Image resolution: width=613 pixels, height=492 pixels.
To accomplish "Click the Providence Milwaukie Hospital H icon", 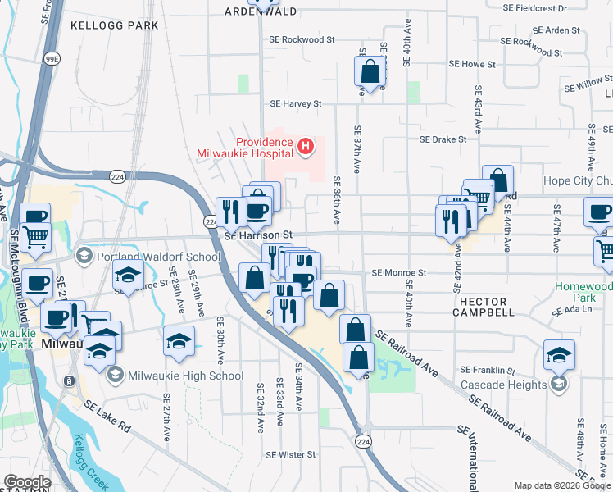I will coord(306,147).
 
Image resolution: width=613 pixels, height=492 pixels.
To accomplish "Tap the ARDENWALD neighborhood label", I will coord(261,11).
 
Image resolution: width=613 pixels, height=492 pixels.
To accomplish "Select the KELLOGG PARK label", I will coord(114,25).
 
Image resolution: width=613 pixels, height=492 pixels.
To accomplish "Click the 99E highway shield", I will coord(52,59).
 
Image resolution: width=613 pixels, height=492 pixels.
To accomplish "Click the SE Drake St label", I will coord(443,139).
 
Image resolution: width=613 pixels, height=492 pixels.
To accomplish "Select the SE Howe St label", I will coord(472,64).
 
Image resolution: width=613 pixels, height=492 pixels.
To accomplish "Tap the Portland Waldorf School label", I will coord(159,257).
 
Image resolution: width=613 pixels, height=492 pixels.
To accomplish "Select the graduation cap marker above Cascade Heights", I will coord(559,354).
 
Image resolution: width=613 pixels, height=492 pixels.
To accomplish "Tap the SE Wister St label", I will coord(290,454).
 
